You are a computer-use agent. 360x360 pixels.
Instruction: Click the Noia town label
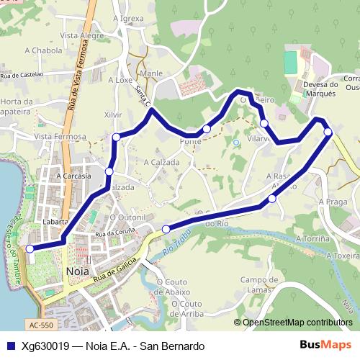(x=76, y=271)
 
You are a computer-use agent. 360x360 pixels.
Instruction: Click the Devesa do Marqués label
(x=312, y=88)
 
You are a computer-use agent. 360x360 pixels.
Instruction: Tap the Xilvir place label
(x=113, y=114)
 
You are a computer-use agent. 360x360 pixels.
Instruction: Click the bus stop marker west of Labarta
(x=30, y=248)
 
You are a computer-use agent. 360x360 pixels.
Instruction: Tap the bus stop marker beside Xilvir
(x=116, y=137)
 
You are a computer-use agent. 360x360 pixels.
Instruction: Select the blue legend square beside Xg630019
(x=10, y=346)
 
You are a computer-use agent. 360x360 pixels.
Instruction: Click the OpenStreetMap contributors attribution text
(x=297, y=323)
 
